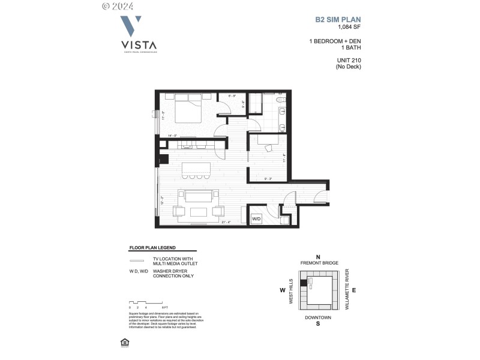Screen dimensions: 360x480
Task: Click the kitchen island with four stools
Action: tap(192, 167)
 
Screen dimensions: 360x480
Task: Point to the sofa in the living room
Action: tap(198, 197)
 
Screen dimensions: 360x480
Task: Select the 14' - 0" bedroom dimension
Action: tap(173, 136)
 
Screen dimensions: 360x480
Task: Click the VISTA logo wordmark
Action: tap(139, 44)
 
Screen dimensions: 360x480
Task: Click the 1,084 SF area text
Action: tap(349, 27)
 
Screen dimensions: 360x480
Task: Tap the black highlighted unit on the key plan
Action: tap(304, 283)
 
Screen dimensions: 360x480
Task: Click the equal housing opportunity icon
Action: tap(125, 342)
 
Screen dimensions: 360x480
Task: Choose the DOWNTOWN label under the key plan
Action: tap(318, 317)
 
